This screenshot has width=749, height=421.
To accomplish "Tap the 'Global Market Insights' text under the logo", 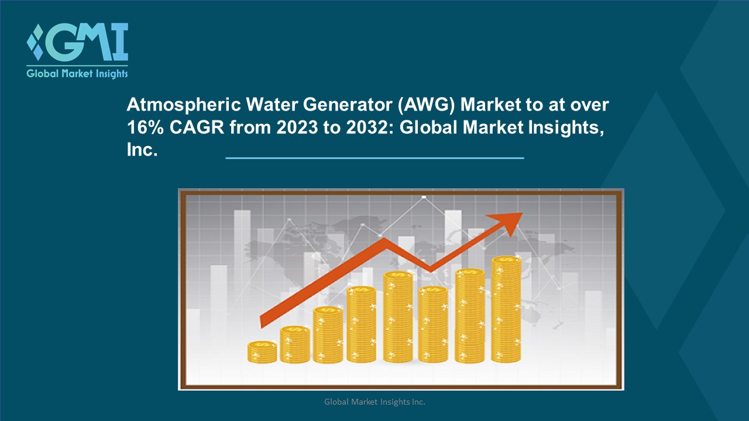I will click(x=77, y=74).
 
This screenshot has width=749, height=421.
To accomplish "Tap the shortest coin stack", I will click(x=262, y=353).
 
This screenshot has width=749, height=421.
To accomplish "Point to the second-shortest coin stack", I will click(x=294, y=345).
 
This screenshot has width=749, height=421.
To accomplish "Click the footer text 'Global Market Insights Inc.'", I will click(x=374, y=402).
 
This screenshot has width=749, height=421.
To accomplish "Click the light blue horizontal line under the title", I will click(x=374, y=158).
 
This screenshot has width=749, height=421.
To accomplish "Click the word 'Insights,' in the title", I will click(x=567, y=127).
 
